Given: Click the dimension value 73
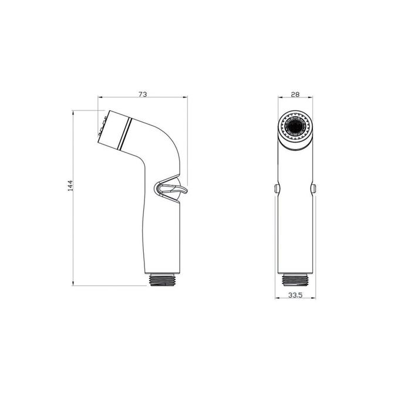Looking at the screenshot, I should (x=143, y=93).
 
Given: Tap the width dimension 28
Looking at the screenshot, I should (x=297, y=93).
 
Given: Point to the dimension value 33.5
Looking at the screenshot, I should (x=297, y=296).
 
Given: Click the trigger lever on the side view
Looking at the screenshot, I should (x=170, y=188).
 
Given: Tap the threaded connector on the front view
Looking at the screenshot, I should (x=297, y=279).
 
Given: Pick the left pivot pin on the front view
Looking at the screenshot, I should (x=276, y=188).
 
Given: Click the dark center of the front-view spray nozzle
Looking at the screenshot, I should (x=297, y=126).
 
